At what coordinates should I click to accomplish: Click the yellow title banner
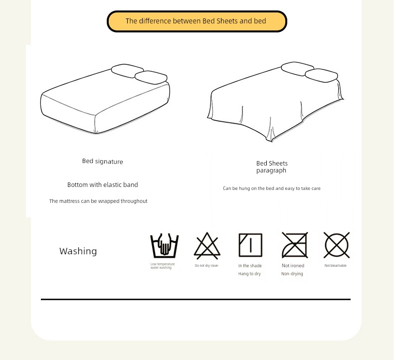197,21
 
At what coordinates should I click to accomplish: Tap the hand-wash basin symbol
165,246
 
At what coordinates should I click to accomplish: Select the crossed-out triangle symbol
207,246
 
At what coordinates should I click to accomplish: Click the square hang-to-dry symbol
250,245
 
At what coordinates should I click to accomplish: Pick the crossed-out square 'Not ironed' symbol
295,245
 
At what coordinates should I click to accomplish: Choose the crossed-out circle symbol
337,245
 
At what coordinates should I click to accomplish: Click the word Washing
78,251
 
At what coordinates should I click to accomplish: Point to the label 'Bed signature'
103,161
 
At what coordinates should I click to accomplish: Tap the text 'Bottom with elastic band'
103,185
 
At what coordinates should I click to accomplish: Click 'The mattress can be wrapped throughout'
98,201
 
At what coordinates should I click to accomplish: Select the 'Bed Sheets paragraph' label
272,167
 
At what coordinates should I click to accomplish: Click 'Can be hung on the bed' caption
272,188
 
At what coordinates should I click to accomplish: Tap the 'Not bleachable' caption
336,266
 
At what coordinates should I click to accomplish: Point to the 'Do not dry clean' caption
206,266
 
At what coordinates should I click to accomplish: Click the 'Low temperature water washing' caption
162,266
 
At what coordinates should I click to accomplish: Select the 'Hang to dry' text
249,274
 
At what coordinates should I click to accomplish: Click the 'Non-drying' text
292,274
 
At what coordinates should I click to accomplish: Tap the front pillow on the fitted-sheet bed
151,77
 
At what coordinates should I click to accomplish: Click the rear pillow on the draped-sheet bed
298,69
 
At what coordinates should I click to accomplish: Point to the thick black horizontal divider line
196,300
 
